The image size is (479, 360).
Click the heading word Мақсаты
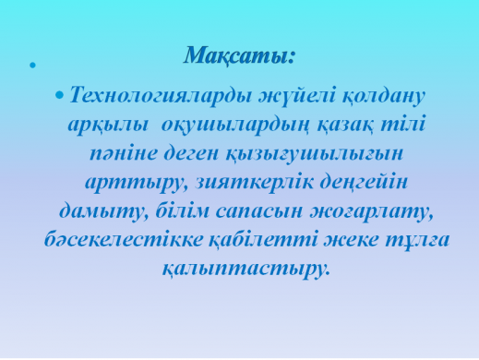pos(239,55)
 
